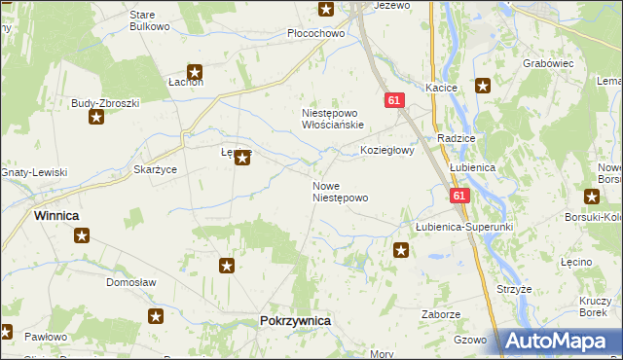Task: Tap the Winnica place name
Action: (x=56, y=215)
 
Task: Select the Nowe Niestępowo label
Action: (x=340, y=192)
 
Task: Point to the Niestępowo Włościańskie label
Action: (x=332, y=119)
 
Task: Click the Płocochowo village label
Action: (x=316, y=33)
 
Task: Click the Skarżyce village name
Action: (x=155, y=169)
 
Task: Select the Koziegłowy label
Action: (x=387, y=151)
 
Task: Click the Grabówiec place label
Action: (x=548, y=63)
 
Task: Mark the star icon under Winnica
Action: (x=82, y=235)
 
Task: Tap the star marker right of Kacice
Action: (x=482, y=87)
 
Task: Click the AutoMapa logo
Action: (x=560, y=341)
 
